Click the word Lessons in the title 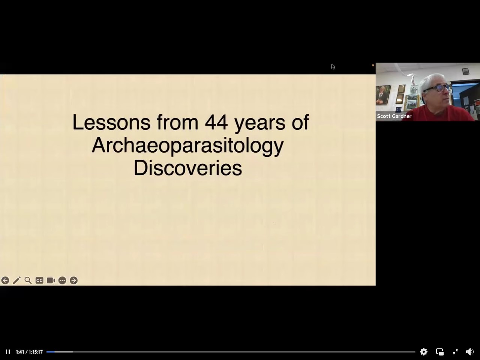pyautogui.click(x=111, y=122)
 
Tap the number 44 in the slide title pyautogui.click(x=216, y=122)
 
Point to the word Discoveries pyautogui.click(x=188, y=168)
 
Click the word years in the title pyautogui.click(x=259, y=124)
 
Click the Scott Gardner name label pyautogui.click(x=394, y=116)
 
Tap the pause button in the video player pyautogui.click(x=8, y=352)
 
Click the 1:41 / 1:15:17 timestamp pyautogui.click(x=29, y=352)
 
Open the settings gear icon pyautogui.click(x=424, y=352)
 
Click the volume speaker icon pyautogui.click(x=470, y=352)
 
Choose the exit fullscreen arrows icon pyautogui.click(x=456, y=352)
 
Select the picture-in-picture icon pyautogui.click(x=440, y=352)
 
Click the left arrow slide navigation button pyautogui.click(x=5, y=280)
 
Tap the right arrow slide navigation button pyautogui.click(x=74, y=280)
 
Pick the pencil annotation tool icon pyautogui.click(x=16, y=280)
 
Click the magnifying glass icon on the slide pyautogui.click(x=28, y=280)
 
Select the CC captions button pyautogui.click(x=39, y=280)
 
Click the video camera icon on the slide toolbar pyautogui.click(x=51, y=280)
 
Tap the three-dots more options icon pyautogui.click(x=62, y=280)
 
